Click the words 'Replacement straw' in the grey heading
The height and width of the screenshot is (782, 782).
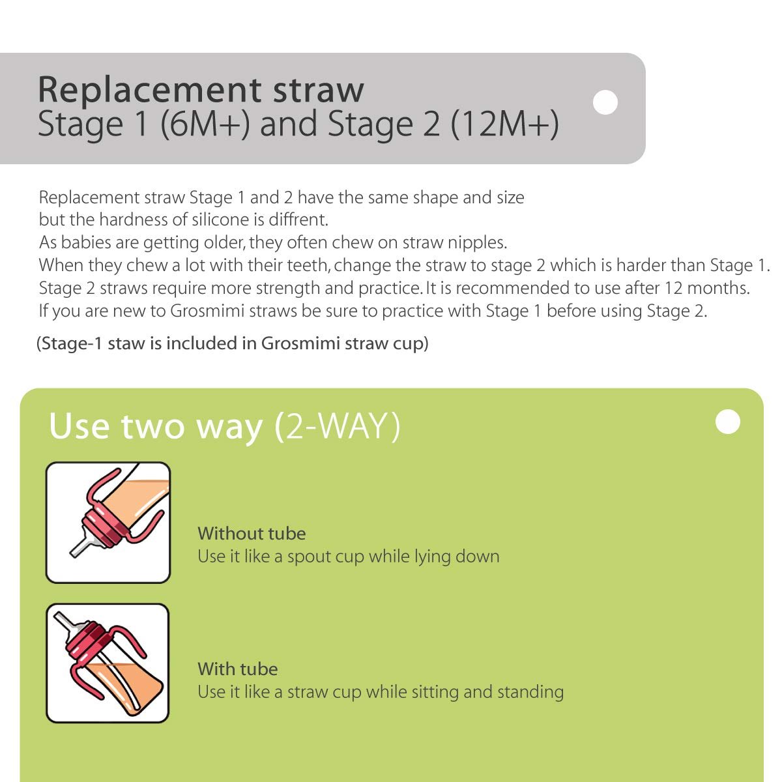tap(201, 90)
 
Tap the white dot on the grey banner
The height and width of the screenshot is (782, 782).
tap(606, 102)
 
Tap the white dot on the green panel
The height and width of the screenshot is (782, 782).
tap(728, 422)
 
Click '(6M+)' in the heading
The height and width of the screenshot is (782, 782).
tap(205, 124)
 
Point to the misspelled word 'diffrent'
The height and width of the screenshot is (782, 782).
tap(294, 220)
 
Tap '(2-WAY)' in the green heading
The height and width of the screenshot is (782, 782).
tap(338, 427)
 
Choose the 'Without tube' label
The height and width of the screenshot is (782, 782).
tap(252, 534)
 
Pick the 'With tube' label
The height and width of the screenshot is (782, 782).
tap(238, 669)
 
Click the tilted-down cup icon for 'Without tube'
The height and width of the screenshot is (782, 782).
tap(108, 523)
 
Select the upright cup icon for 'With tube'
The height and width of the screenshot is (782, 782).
tap(108, 663)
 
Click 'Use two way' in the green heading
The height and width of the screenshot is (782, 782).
tap(156, 427)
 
